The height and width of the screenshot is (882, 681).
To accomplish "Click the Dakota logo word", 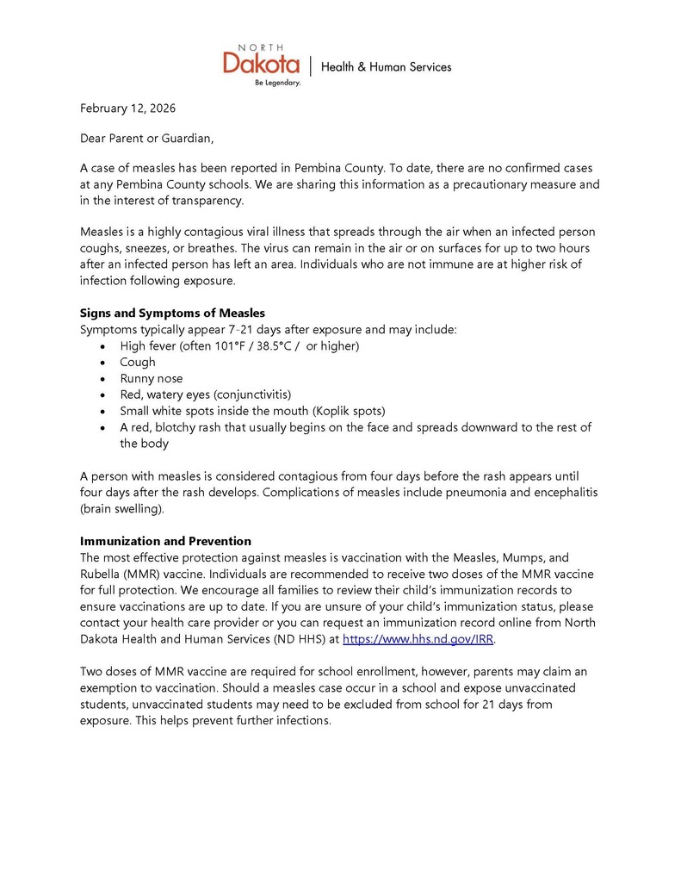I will (x=262, y=64).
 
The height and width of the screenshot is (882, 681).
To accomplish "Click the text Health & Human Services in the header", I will (x=386, y=66).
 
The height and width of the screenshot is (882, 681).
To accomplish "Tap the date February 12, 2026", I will (x=127, y=109).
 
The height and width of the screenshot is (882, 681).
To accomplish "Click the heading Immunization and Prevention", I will (x=165, y=541).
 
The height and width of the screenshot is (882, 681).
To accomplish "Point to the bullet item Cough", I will (x=138, y=362).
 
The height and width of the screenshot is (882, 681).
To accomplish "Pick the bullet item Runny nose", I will (x=152, y=378).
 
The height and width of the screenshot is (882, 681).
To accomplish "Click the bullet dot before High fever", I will (x=103, y=346).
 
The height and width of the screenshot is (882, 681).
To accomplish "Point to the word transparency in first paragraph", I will (x=203, y=201).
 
